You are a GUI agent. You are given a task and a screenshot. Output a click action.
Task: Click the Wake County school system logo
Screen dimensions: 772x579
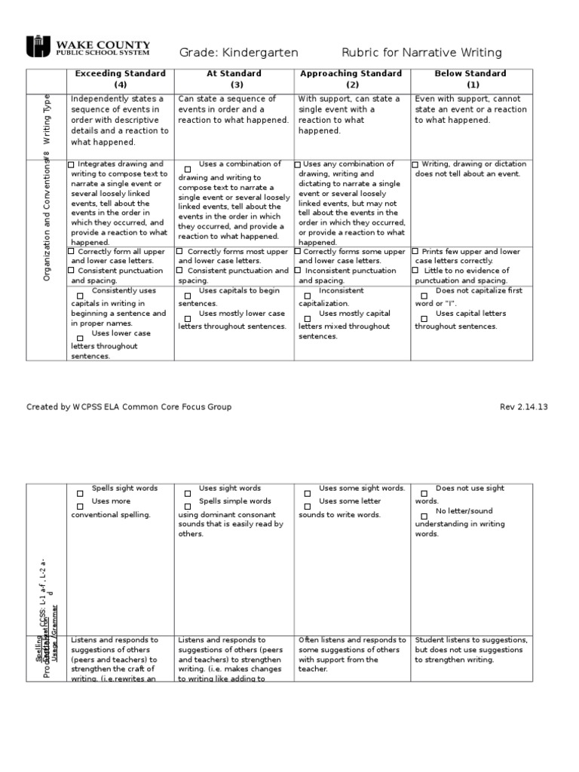coord(89,47)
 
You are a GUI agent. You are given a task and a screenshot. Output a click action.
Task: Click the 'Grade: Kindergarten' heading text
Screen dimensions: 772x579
coord(238,52)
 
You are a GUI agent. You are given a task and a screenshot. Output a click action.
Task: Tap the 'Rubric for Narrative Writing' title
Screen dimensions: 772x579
coord(421,52)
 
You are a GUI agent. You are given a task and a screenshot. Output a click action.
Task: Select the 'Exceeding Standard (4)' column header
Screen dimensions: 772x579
coord(121,79)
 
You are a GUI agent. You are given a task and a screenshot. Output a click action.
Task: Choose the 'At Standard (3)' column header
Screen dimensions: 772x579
coord(234,79)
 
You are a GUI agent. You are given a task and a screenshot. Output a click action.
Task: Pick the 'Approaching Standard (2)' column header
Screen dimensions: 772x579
coord(352,79)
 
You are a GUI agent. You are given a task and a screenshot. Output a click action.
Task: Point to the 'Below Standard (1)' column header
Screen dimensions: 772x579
coord(470,79)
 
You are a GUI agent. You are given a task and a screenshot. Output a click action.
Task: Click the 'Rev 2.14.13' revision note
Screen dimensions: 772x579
coord(523,407)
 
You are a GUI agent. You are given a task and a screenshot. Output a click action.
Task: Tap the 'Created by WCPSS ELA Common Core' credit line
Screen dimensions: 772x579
coord(129,407)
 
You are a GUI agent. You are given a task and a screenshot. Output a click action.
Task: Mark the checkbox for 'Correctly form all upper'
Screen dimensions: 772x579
coord(72,252)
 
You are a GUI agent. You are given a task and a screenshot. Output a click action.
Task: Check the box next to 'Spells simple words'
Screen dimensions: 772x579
coord(187,506)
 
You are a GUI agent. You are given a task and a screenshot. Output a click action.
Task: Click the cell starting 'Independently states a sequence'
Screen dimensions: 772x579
coord(121,121)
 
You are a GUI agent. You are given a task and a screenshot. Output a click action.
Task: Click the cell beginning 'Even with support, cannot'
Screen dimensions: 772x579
coord(470,110)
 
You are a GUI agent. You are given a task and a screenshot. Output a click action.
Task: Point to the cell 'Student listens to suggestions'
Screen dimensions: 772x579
coord(470,650)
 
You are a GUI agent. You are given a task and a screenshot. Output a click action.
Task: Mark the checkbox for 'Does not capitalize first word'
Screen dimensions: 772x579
coord(424,296)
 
